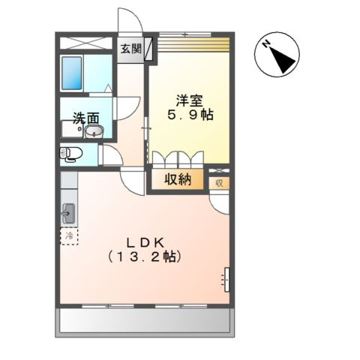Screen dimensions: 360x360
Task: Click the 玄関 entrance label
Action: coord(130,49)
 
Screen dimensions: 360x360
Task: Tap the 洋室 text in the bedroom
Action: coord(189,100)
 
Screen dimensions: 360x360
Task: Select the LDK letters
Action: coord(145,242)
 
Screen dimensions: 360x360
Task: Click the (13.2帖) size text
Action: coord(145,256)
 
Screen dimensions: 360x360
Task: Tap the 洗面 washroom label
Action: coord(85,118)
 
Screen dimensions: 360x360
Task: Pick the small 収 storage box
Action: coord(219,182)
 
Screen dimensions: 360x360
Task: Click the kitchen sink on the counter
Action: coord(68,213)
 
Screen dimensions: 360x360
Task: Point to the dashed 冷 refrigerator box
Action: coord(69,236)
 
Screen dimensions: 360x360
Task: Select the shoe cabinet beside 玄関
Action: coord(148,49)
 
